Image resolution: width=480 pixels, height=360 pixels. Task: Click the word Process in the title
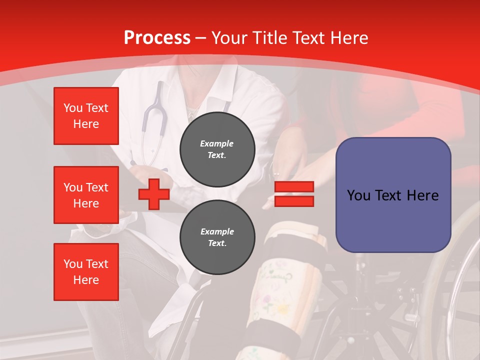[157, 38]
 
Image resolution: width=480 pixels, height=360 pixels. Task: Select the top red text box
[86, 116]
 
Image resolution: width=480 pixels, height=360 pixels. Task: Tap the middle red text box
[86, 195]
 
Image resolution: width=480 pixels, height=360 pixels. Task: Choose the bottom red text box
[86, 272]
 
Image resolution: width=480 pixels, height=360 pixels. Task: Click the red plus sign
[154, 194]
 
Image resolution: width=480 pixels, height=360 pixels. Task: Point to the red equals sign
[294, 194]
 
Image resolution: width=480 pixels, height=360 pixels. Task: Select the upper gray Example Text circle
[217, 149]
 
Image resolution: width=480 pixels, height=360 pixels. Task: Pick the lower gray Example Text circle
[217, 237]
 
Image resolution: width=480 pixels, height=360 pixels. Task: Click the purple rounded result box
[393, 195]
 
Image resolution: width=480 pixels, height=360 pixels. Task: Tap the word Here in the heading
[348, 38]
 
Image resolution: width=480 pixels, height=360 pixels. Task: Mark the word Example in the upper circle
[217, 143]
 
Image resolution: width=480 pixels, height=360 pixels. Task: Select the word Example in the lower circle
[217, 231]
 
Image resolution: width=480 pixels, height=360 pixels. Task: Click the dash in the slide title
[201, 38]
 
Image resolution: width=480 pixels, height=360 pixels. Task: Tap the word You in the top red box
[73, 108]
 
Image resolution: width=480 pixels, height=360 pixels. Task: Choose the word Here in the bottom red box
[86, 280]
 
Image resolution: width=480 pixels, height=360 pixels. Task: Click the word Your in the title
[228, 38]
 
